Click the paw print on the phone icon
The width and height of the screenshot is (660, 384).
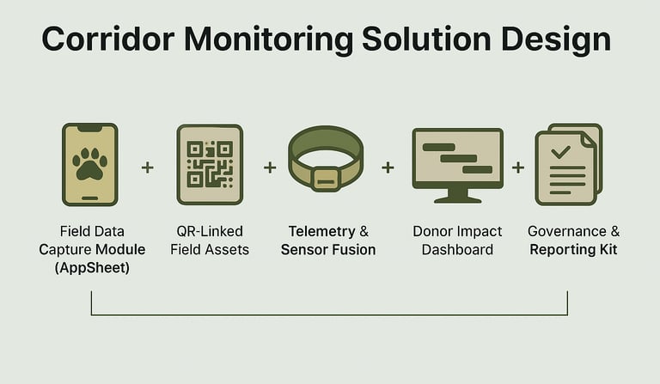coord(90,162)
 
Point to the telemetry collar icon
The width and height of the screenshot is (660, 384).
coord(326,163)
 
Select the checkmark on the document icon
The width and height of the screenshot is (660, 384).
coord(560,153)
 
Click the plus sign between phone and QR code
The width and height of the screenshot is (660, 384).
coord(147,167)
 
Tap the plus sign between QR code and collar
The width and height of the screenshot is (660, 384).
coord(270,167)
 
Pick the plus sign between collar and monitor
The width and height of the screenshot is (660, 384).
coord(388,167)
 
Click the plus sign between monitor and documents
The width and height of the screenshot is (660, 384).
coord(518,167)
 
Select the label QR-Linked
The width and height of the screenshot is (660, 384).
coord(210,231)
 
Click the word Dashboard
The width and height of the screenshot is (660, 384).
coord(456,250)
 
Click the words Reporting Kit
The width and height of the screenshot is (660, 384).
coord(573,250)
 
